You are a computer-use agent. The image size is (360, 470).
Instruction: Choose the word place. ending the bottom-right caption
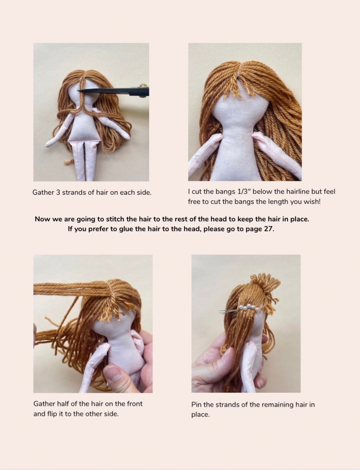200,414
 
